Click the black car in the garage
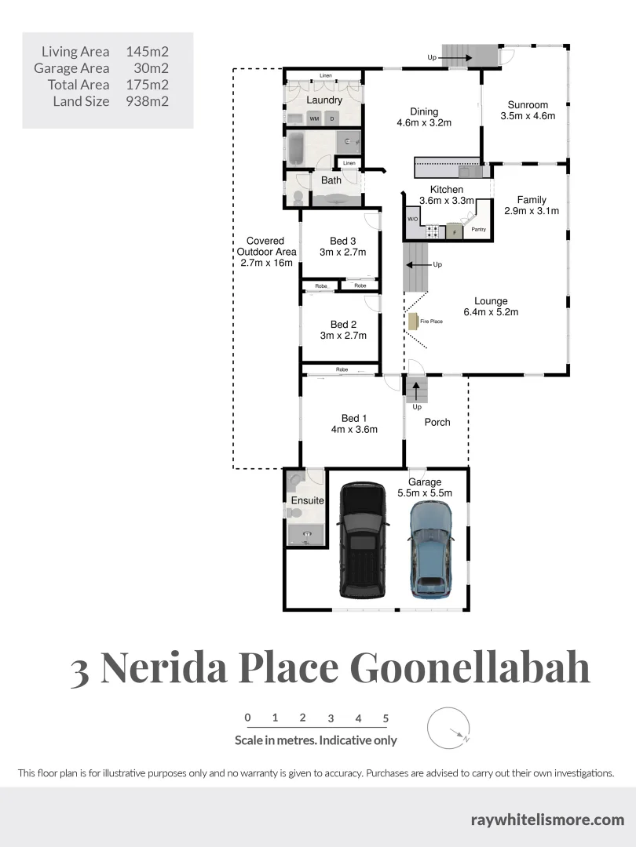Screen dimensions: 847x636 [362, 540]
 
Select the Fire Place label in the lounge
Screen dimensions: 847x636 [430, 322]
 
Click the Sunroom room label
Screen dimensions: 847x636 [528, 105]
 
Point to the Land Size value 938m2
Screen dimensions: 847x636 [148, 101]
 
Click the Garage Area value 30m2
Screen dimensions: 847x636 [148, 68]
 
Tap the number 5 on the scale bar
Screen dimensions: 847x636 [386, 718]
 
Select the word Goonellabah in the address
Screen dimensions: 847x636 [469, 667]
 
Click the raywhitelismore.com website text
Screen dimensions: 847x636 [547, 820]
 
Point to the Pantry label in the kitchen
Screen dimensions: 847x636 [479, 230]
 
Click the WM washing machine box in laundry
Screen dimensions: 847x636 [314, 118]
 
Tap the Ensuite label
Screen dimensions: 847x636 [308, 500]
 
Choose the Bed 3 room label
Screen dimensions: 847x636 [343, 241]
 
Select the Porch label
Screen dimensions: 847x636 [437, 422]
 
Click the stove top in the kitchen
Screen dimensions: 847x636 [433, 231]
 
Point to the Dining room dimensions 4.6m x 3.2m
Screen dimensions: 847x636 [424, 122]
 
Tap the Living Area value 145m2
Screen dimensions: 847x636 [148, 52]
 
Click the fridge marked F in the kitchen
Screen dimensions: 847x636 [453, 231]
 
